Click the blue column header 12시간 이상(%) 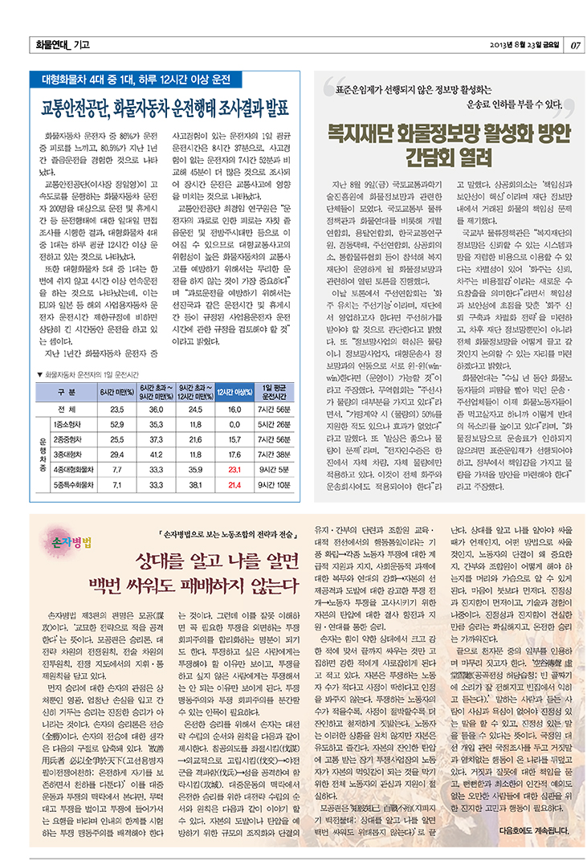click(x=234, y=391)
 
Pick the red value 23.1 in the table click(x=234, y=467)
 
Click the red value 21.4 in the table click(x=234, y=485)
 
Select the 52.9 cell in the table click(x=116, y=422)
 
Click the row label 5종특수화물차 click(x=73, y=485)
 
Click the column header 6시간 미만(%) click(x=116, y=391)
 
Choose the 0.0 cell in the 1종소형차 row click(x=234, y=422)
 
